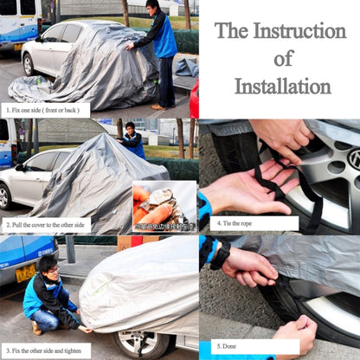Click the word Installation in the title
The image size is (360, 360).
pyautogui.click(x=283, y=86)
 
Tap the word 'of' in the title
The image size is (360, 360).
pyautogui.click(x=283, y=58)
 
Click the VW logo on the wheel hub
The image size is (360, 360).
pyautogui.click(x=353, y=158)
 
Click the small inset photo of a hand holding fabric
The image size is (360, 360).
pyautogui.click(x=164, y=205)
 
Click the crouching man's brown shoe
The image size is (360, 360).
pyautogui.click(x=36, y=328)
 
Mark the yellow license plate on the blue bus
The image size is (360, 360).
pyautogui.click(x=25, y=273)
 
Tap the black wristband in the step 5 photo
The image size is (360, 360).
pyautogui.click(x=220, y=254)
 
